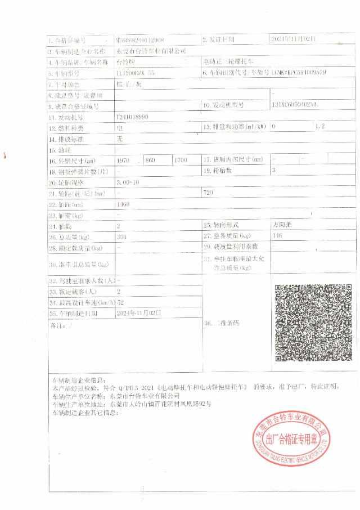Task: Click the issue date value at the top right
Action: point(294,39)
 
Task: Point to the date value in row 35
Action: point(138,312)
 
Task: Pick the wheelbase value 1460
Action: point(123,204)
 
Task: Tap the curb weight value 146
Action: point(277,236)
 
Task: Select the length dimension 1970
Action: point(124,160)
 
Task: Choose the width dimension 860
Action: point(150,160)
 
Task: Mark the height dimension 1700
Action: point(181,160)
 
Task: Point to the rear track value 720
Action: point(209,193)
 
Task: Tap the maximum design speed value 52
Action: point(120,302)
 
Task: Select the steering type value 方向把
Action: point(282,225)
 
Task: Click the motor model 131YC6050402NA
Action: point(294,105)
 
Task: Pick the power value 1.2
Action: point(320,127)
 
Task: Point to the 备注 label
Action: point(57,325)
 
